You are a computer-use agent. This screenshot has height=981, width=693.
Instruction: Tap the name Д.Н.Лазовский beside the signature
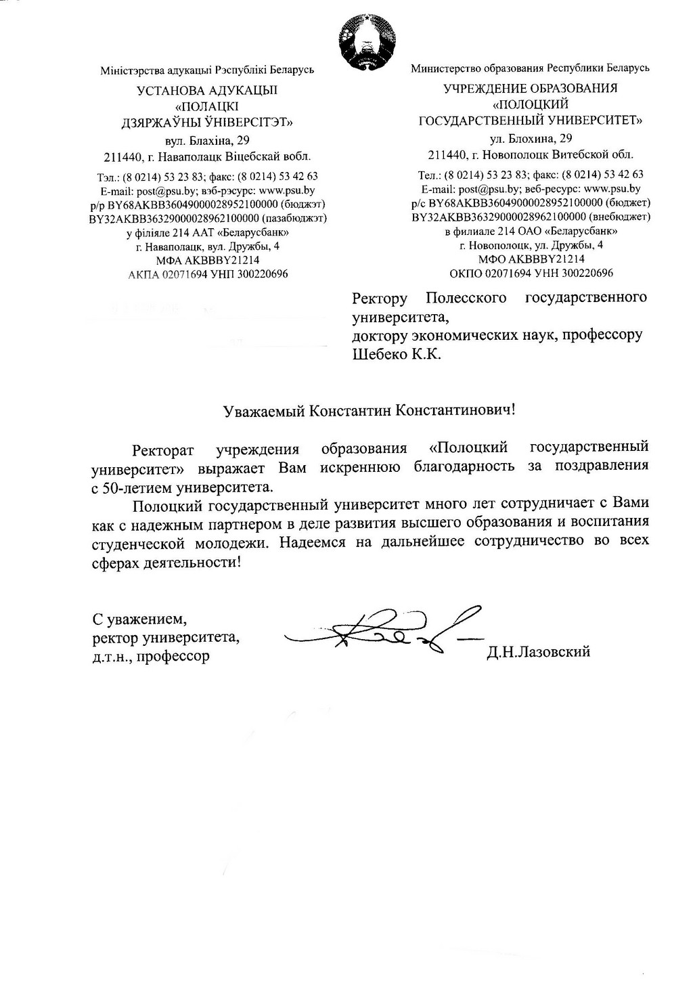click(538, 651)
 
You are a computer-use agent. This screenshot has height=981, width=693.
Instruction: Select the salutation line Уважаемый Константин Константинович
click(370, 410)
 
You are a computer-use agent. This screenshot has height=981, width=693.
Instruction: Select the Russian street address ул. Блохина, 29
click(531, 139)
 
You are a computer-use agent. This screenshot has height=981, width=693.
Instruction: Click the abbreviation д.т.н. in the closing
click(112, 656)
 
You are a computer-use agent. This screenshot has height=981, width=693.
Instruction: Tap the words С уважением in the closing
click(139, 618)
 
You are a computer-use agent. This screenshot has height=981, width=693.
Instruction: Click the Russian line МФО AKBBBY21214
click(531, 259)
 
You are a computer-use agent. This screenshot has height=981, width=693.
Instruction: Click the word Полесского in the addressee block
click(466, 298)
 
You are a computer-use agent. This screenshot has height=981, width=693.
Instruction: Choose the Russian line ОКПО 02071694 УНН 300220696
click(531, 273)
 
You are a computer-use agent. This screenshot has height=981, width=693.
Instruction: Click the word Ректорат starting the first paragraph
click(163, 449)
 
